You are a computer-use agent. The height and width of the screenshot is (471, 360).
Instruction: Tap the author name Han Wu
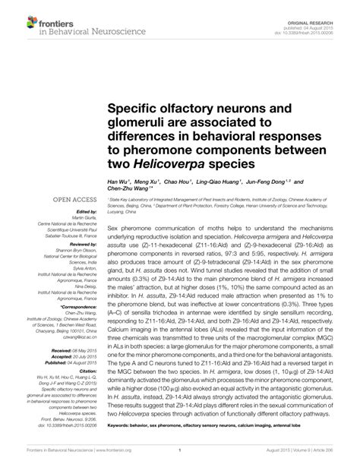pyautogui.click(x=118, y=182)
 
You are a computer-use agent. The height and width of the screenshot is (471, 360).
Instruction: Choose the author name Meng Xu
pyautogui.click(x=148, y=182)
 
